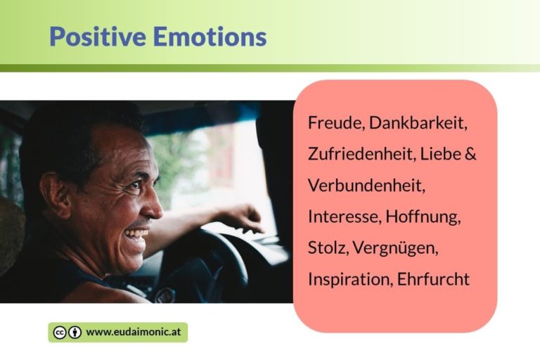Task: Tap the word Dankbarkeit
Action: [418, 123]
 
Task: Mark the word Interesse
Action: [343, 217]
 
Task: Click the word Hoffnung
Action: [423, 217]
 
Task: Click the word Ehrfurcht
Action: [433, 279]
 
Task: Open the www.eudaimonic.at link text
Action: [134, 333]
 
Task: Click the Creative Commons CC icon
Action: [60, 333]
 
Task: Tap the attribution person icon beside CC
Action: [75, 333]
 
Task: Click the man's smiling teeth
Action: [136, 233]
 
